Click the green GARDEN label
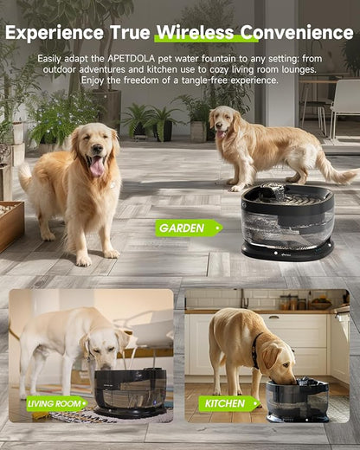coord(184,228)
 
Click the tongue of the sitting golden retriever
coord(96,167)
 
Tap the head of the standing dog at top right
coord(223,123)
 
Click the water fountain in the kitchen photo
coord(298,400)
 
